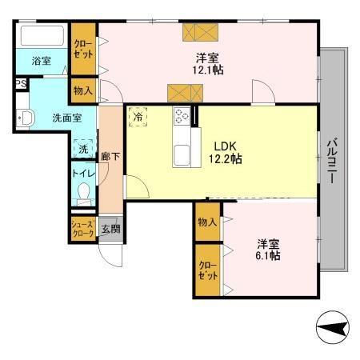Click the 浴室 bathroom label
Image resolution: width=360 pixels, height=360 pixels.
click(x=41, y=61)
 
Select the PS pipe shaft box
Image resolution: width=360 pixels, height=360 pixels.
click(x=20, y=82)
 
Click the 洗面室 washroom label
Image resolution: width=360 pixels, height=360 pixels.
click(x=66, y=118)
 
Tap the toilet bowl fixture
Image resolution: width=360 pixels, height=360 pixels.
click(x=85, y=191)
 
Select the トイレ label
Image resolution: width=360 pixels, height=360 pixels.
click(x=83, y=172)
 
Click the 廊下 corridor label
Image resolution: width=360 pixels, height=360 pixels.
click(x=110, y=157)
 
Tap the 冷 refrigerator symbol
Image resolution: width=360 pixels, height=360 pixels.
click(x=138, y=117)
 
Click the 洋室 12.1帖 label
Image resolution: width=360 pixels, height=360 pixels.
click(x=210, y=64)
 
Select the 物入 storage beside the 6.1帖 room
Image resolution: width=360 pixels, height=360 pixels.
click(x=206, y=221)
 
